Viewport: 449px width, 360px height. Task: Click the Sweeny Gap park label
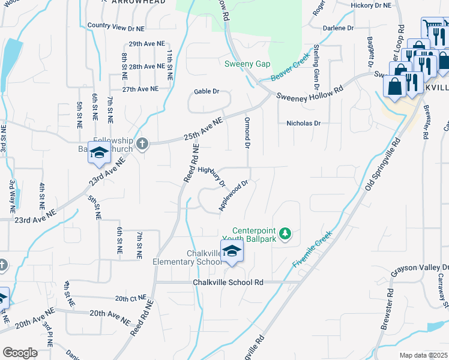click(x=247, y=64)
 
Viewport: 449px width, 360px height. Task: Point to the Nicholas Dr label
click(x=304, y=123)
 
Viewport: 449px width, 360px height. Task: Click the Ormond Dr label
click(x=247, y=133)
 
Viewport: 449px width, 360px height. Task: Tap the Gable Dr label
click(x=206, y=91)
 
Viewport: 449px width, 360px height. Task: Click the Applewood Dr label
click(x=234, y=196)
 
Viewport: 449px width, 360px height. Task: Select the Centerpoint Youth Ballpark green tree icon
click(x=286, y=232)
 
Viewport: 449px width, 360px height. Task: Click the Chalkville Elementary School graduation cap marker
click(x=232, y=252)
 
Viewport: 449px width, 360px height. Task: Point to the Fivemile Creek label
click(x=312, y=251)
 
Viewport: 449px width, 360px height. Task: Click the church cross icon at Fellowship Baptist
click(x=142, y=143)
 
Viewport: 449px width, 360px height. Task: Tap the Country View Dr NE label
click(x=116, y=26)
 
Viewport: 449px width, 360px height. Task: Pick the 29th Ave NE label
click(x=142, y=44)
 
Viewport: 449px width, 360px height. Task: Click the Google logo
click(x=20, y=352)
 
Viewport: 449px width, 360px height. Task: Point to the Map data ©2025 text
click(x=424, y=355)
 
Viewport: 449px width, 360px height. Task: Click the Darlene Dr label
click(x=339, y=28)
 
